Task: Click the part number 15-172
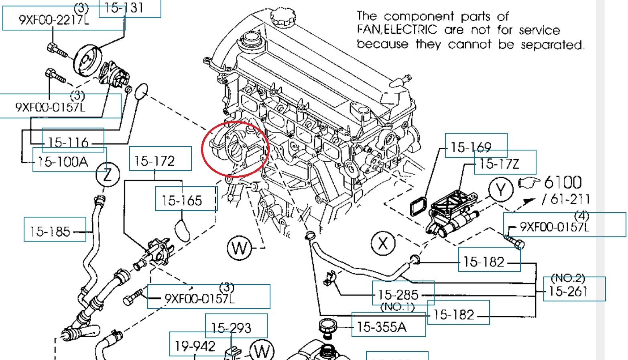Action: point(155,161)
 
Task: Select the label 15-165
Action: point(182,200)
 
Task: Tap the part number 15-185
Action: point(50,232)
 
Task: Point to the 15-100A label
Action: point(63,162)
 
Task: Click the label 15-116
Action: point(68,142)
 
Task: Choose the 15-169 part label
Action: point(471,147)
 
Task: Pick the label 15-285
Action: point(398,295)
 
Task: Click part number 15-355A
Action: point(382,327)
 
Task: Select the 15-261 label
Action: point(568,291)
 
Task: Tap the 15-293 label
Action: point(231,328)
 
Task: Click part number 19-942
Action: point(195,346)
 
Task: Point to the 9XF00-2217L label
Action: point(53,20)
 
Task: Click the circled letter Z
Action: point(108,175)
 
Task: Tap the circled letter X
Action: point(383,243)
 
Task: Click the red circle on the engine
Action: point(235,148)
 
